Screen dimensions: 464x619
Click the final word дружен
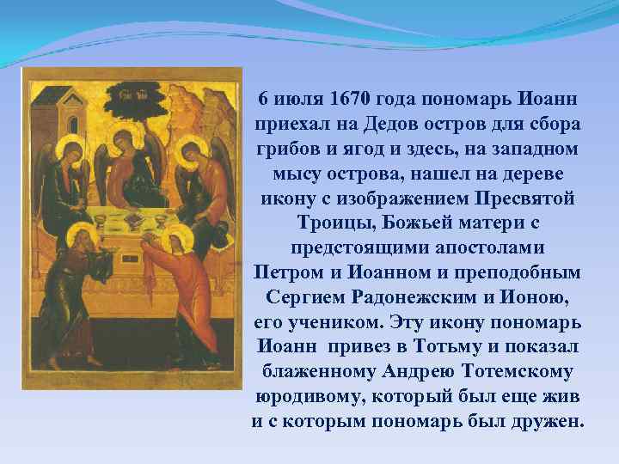[x=542, y=424]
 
